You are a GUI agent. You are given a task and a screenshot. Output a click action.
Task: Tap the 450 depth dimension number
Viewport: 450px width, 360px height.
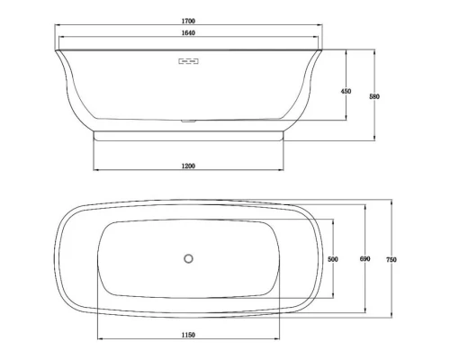(346, 91)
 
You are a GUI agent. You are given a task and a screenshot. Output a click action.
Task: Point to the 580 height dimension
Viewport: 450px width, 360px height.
(373, 96)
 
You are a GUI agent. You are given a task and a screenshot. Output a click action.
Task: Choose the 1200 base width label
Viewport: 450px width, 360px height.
(188, 166)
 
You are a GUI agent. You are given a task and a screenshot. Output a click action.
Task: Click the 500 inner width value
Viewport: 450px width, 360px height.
(332, 259)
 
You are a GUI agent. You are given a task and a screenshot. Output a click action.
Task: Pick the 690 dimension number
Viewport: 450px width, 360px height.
(364, 259)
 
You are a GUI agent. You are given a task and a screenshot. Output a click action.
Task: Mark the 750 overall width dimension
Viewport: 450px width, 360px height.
(391, 259)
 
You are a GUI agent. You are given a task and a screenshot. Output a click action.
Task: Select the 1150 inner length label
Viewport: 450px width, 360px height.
(188, 336)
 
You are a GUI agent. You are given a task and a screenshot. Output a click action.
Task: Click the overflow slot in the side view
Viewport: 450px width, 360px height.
(188, 61)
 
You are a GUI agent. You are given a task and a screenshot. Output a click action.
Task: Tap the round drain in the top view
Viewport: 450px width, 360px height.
(188, 259)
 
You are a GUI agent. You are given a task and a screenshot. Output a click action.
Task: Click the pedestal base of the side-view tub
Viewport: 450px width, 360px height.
(188, 135)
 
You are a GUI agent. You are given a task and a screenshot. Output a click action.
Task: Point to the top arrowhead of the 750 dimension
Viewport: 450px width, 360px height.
(391, 202)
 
